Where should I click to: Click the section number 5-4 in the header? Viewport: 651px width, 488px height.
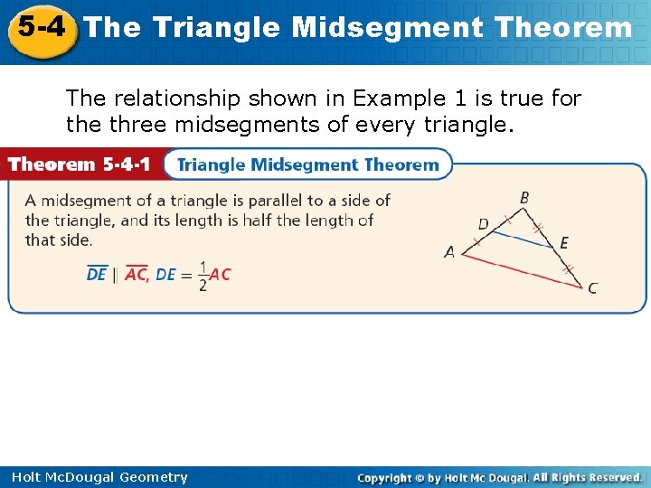(42, 27)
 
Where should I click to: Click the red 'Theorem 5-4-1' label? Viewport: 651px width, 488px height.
(80, 164)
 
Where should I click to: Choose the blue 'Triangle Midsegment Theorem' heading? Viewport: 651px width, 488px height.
(307, 164)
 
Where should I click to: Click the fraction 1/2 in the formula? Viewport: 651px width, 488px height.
(203, 276)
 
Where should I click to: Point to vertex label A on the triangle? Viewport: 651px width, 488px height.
(449, 253)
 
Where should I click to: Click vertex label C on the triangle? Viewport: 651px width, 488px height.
(592, 288)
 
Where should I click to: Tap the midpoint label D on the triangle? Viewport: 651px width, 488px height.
(483, 222)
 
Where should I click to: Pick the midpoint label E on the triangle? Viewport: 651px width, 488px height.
(564, 242)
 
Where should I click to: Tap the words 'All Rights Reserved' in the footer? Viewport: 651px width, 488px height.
(587, 477)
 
